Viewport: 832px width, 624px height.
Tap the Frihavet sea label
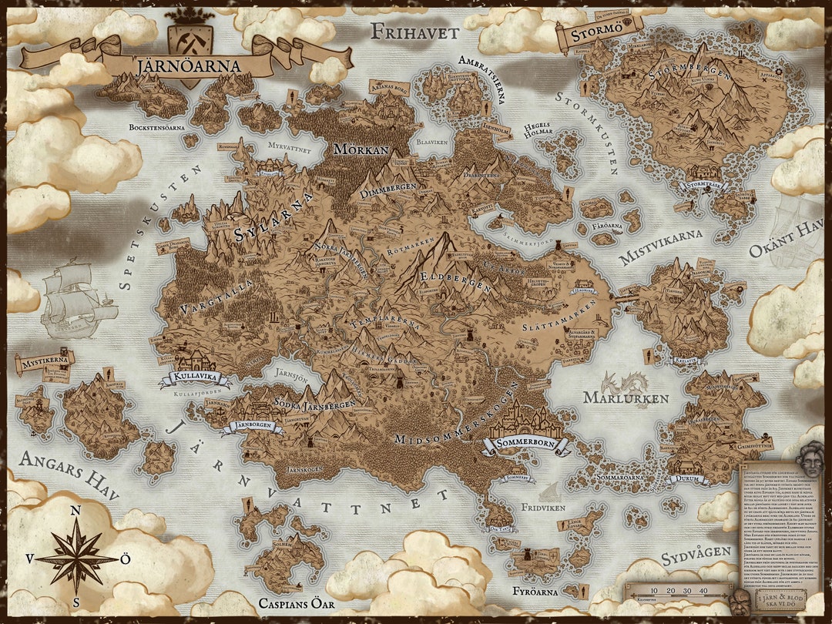click(414, 32)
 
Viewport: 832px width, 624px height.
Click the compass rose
click(76, 555)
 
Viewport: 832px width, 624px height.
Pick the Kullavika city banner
click(194, 378)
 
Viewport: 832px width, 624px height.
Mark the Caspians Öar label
click(297, 604)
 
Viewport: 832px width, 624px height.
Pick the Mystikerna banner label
click(45, 359)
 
